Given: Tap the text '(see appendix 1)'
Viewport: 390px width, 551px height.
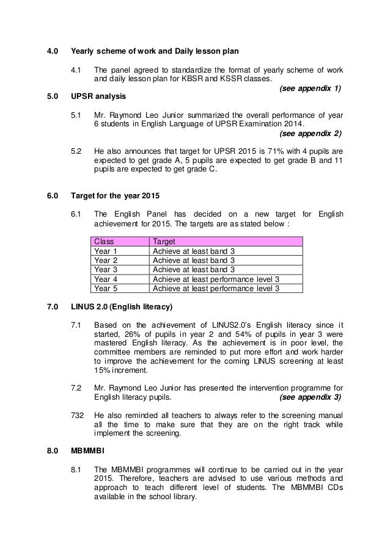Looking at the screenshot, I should click(310, 88).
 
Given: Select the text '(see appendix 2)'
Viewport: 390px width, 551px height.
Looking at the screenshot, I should click(310, 133).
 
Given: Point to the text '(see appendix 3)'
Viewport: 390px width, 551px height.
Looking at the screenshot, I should click(311, 397).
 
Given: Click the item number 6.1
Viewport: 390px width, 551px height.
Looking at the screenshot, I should click(77, 214).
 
